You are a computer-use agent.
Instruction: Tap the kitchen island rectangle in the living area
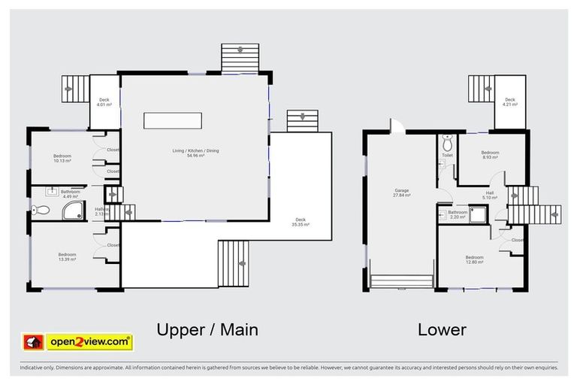coord(174,121)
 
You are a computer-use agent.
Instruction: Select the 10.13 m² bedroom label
coord(62,158)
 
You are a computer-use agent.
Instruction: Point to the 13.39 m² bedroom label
coord(67,257)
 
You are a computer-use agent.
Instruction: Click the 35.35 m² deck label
coord(301,222)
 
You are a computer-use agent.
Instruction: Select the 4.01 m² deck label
coord(104,102)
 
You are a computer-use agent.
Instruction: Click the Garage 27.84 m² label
coord(402,192)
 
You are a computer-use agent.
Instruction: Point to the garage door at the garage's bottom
coord(402,281)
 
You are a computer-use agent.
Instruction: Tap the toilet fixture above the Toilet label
coord(447,143)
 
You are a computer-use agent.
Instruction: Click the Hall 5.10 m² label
coord(489,195)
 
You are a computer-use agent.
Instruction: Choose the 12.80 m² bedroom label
coord(474,259)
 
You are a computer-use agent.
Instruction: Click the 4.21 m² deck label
coord(509,102)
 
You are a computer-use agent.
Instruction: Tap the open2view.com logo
coord(78,342)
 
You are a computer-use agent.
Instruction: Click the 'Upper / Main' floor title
coord(207,329)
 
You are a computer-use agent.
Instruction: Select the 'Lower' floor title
coord(443,329)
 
